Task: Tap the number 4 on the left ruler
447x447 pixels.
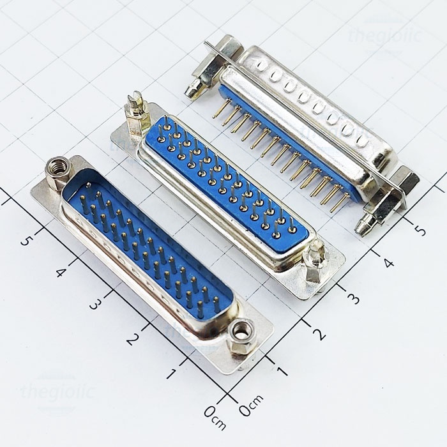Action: point(61,272)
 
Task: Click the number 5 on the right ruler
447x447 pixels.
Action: point(420,227)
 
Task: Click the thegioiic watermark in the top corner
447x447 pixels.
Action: point(384,35)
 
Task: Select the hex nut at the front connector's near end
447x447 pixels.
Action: point(241,333)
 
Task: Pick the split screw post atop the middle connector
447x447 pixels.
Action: point(134,112)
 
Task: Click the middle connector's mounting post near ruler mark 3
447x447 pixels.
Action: point(315,259)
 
